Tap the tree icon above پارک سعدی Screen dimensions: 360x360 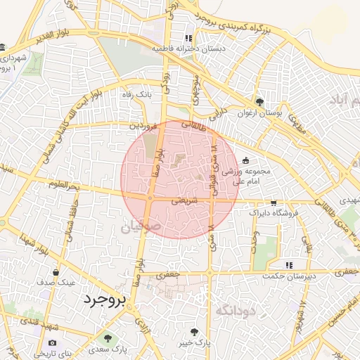(x=108, y=338)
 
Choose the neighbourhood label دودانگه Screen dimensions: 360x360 (x=236, y=310)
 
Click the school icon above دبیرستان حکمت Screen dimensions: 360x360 (x=288, y=266)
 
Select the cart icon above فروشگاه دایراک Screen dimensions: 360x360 (x=274, y=202)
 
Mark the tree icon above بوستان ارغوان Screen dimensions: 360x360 (x=259, y=103)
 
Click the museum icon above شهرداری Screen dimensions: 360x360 (x=4, y=47)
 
